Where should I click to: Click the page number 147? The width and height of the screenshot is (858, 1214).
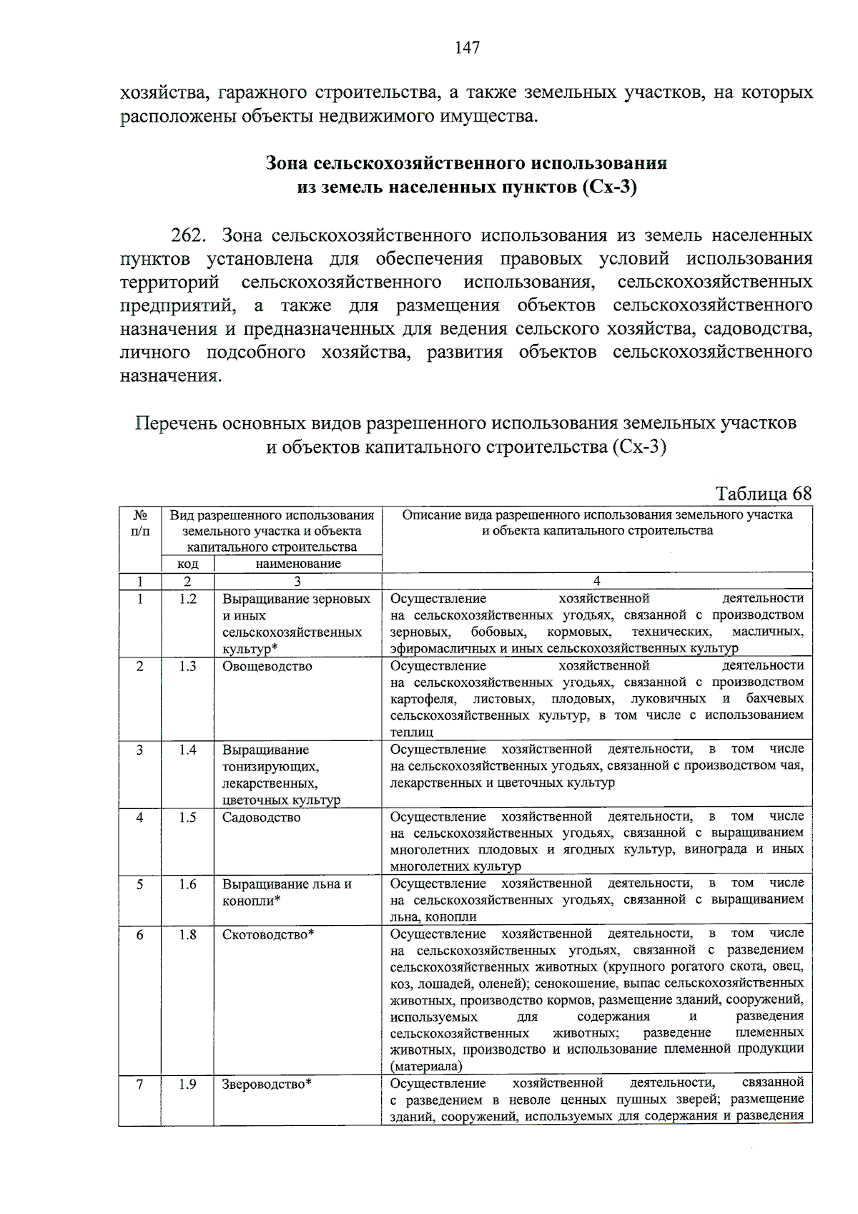[x=467, y=48]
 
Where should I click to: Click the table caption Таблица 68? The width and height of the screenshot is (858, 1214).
[x=764, y=494]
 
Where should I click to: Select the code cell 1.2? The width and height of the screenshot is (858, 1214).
[x=187, y=599]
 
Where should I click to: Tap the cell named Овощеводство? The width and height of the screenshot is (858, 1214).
[x=267, y=666]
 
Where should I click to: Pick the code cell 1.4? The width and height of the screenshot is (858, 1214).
[x=187, y=750]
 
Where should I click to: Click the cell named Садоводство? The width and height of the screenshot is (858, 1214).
[x=261, y=817]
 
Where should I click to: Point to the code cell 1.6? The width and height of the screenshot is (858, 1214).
[x=187, y=884]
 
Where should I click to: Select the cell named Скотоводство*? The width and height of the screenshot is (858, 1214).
[x=268, y=934]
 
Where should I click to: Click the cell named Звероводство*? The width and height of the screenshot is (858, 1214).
[x=267, y=1084]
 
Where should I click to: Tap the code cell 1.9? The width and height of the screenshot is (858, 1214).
[x=187, y=1084]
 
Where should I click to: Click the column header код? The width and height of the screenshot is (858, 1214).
[x=187, y=563]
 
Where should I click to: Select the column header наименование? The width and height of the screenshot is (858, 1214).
[x=298, y=563]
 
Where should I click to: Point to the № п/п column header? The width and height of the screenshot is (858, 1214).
[x=140, y=523]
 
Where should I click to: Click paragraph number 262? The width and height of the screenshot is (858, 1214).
[x=189, y=235]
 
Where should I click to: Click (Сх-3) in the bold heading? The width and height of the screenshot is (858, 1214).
[x=609, y=187]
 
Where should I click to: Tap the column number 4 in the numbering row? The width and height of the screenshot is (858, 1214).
[x=597, y=580]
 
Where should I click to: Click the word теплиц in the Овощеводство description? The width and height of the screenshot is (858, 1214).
[x=412, y=732]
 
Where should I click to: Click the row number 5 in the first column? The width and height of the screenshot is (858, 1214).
[x=140, y=884]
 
